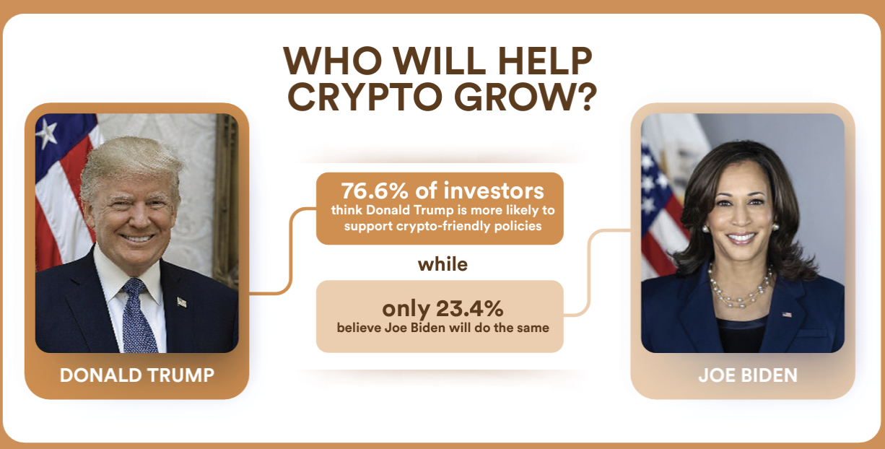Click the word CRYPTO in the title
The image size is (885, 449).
365,97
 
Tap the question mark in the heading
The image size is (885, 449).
585,97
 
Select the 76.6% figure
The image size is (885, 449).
375,191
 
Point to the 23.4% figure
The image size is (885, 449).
470,308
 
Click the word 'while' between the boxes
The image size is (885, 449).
442,264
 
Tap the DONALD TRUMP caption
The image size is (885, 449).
136,375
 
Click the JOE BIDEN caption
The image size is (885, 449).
748,375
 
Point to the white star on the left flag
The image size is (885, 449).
47,134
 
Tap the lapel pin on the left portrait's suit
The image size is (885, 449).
182,302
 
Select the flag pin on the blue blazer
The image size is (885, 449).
787,315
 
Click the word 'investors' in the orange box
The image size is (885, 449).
494,191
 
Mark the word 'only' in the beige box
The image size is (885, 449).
406,309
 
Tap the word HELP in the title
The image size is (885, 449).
545,61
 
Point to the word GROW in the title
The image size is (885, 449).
512,97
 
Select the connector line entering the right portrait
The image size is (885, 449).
589,273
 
